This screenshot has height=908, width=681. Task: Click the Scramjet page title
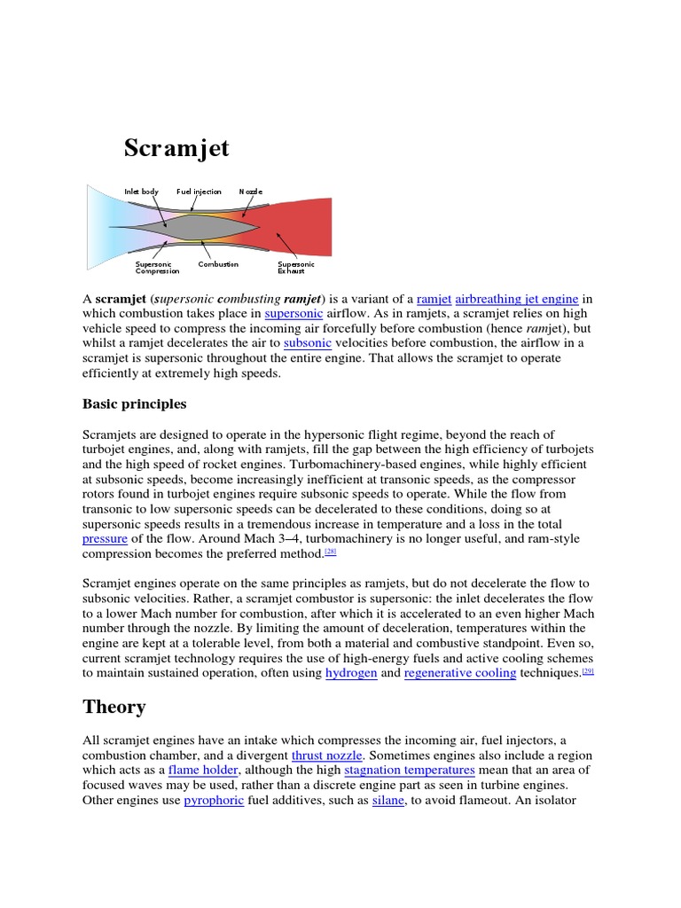[176, 147]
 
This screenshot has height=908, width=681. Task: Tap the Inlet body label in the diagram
[141, 192]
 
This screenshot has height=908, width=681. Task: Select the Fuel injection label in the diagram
[199, 192]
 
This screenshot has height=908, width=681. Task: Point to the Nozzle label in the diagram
[250, 192]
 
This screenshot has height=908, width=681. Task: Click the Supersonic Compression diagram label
[157, 268]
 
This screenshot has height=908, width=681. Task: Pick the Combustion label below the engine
[218, 264]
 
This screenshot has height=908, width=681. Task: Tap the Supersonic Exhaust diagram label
[295, 268]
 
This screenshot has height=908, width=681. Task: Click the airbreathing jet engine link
[516, 300]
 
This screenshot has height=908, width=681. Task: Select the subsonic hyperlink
[307, 342]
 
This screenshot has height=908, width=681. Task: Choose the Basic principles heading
[134, 403]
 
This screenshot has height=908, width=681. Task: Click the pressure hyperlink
[105, 538]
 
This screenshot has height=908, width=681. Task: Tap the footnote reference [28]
[330, 552]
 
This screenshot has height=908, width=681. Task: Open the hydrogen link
[351, 673]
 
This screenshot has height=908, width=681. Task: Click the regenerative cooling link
[459, 673]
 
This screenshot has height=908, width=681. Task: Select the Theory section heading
[113, 707]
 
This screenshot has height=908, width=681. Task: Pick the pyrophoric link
[213, 801]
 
